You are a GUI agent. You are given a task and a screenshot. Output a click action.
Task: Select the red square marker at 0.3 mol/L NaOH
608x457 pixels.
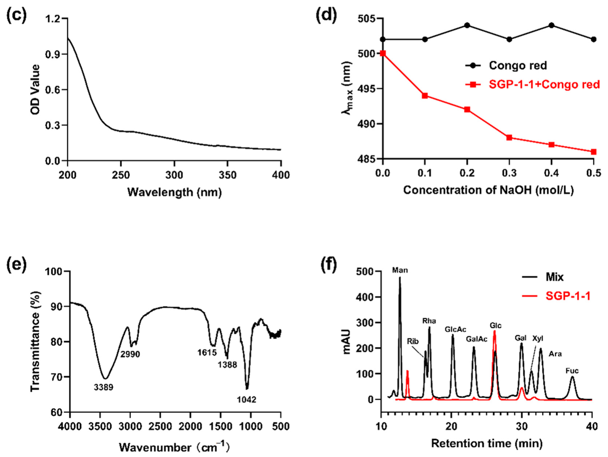pos(509,138)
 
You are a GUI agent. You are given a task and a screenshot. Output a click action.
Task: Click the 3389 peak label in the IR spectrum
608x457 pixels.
pos(103,387)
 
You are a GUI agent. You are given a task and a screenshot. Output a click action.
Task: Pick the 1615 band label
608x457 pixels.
pos(207,352)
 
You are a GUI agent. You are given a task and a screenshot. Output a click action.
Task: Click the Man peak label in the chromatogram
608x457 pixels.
pos(400,270)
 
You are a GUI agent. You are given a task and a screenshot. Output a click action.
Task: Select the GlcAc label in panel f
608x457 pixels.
pos(455,329)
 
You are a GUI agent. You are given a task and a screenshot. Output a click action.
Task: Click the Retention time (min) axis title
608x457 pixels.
pos(487,443)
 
